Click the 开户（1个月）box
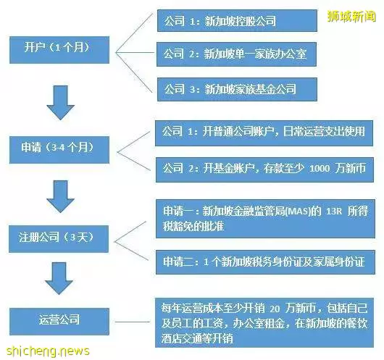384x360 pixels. (x=59, y=50)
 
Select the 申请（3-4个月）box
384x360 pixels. (x=59, y=150)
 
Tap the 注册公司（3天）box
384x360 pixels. (x=59, y=239)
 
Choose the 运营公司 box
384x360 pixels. (x=59, y=322)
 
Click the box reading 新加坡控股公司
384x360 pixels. (x=237, y=21)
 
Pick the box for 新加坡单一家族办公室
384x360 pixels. (x=236, y=54)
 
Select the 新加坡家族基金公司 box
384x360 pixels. (x=237, y=89)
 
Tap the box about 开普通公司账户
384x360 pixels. (x=264, y=133)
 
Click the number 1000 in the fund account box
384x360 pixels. (x=320, y=169)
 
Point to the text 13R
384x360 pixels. (x=334, y=211)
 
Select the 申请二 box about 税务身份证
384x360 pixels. (x=265, y=262)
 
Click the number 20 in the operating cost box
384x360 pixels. (x=275, y=309)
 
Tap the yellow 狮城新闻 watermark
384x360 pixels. (x=351, y=17)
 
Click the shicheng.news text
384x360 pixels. (x=48, y=351)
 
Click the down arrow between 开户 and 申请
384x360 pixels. (x=60, y=103)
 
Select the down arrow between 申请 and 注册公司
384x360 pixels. (x=60, y=196)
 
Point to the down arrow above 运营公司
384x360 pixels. (x=59, y=278)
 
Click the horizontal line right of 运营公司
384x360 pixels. (x=133, y=322)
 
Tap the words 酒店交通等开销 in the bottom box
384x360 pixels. (x=197, y=339)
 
